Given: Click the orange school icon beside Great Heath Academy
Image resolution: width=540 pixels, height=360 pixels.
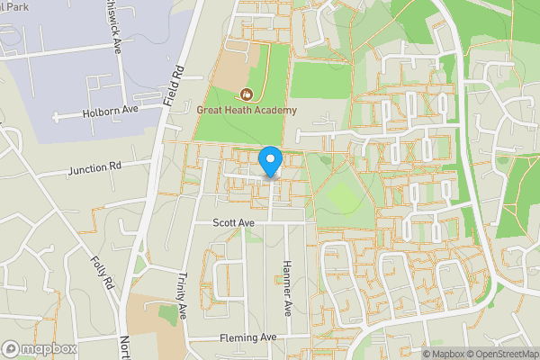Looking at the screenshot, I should coord(247,94).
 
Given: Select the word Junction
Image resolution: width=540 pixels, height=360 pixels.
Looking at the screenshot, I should coord(86,167).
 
